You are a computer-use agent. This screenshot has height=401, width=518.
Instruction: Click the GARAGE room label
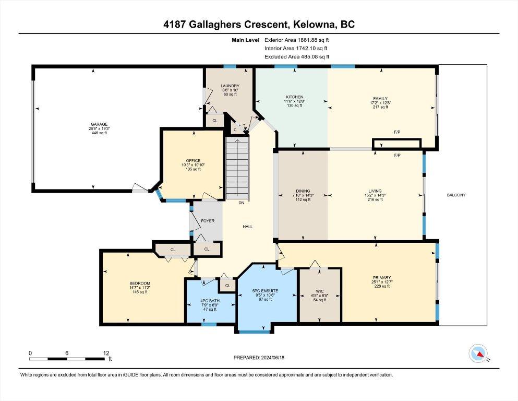99,124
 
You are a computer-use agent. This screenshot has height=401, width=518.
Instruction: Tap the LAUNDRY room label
230,86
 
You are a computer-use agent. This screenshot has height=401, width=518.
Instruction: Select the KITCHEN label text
294,97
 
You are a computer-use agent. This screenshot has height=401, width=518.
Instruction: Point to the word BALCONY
456,195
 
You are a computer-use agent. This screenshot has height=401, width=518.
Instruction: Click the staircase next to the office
237,168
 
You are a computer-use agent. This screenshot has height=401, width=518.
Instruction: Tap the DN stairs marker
242,203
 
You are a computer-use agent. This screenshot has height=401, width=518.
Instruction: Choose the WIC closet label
320,291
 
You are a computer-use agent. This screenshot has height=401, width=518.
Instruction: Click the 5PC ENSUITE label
265,291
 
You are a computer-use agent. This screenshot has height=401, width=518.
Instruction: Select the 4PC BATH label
210,301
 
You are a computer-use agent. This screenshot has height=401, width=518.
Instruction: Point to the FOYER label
208,221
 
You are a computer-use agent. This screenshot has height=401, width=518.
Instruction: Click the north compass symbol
478,353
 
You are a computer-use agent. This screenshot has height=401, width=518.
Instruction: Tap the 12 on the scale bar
106,353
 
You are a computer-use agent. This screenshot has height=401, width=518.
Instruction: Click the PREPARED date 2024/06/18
272,358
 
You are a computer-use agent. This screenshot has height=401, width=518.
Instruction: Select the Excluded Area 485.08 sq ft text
297,56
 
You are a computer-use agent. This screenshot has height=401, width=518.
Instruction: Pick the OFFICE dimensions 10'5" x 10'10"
193,165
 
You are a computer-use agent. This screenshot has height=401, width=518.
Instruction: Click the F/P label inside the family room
397,132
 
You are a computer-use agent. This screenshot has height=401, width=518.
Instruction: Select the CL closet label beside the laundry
215,121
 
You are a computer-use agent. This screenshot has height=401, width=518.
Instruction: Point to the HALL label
248,227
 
